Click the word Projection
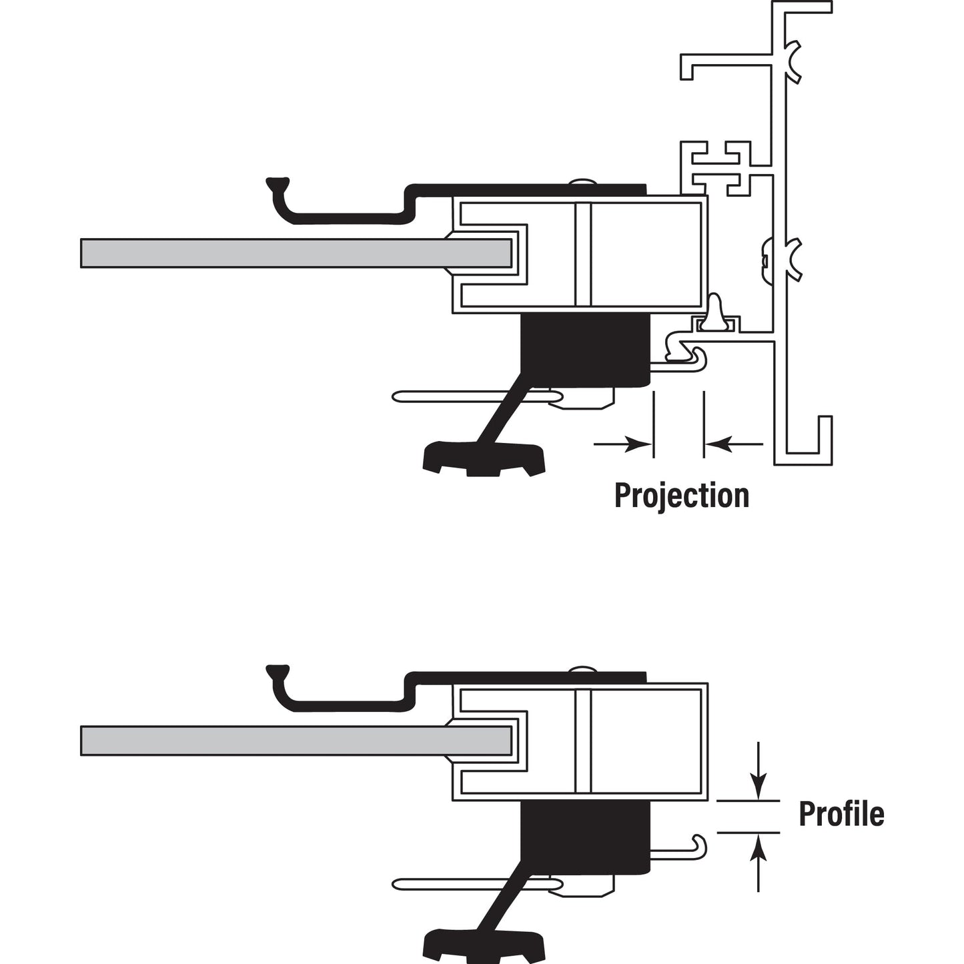coord(681,496)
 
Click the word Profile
coord(841,814)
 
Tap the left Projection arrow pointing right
coord(624,444)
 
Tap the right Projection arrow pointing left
coord(734,444)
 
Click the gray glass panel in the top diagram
coord(294,254)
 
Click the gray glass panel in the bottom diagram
coord(294,741)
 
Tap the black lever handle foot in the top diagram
coord(484,458)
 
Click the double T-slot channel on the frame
coord(720,164)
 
